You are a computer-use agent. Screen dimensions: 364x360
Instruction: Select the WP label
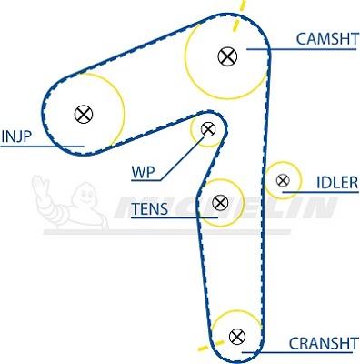[144, 170]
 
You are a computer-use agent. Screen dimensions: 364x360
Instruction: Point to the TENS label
[149, 209]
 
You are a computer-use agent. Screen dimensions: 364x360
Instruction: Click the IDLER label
[336, 184]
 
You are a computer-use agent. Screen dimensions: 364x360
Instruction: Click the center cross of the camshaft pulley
[226, 56]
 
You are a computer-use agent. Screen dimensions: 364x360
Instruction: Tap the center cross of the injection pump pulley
[84, 114]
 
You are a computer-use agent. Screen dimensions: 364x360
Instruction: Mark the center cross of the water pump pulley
[208, 128]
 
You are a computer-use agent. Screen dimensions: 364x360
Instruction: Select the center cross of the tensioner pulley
[218, 202]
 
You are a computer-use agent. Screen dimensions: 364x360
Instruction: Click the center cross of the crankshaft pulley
[237, 336]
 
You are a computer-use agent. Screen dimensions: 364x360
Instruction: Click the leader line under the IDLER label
[327, 193]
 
